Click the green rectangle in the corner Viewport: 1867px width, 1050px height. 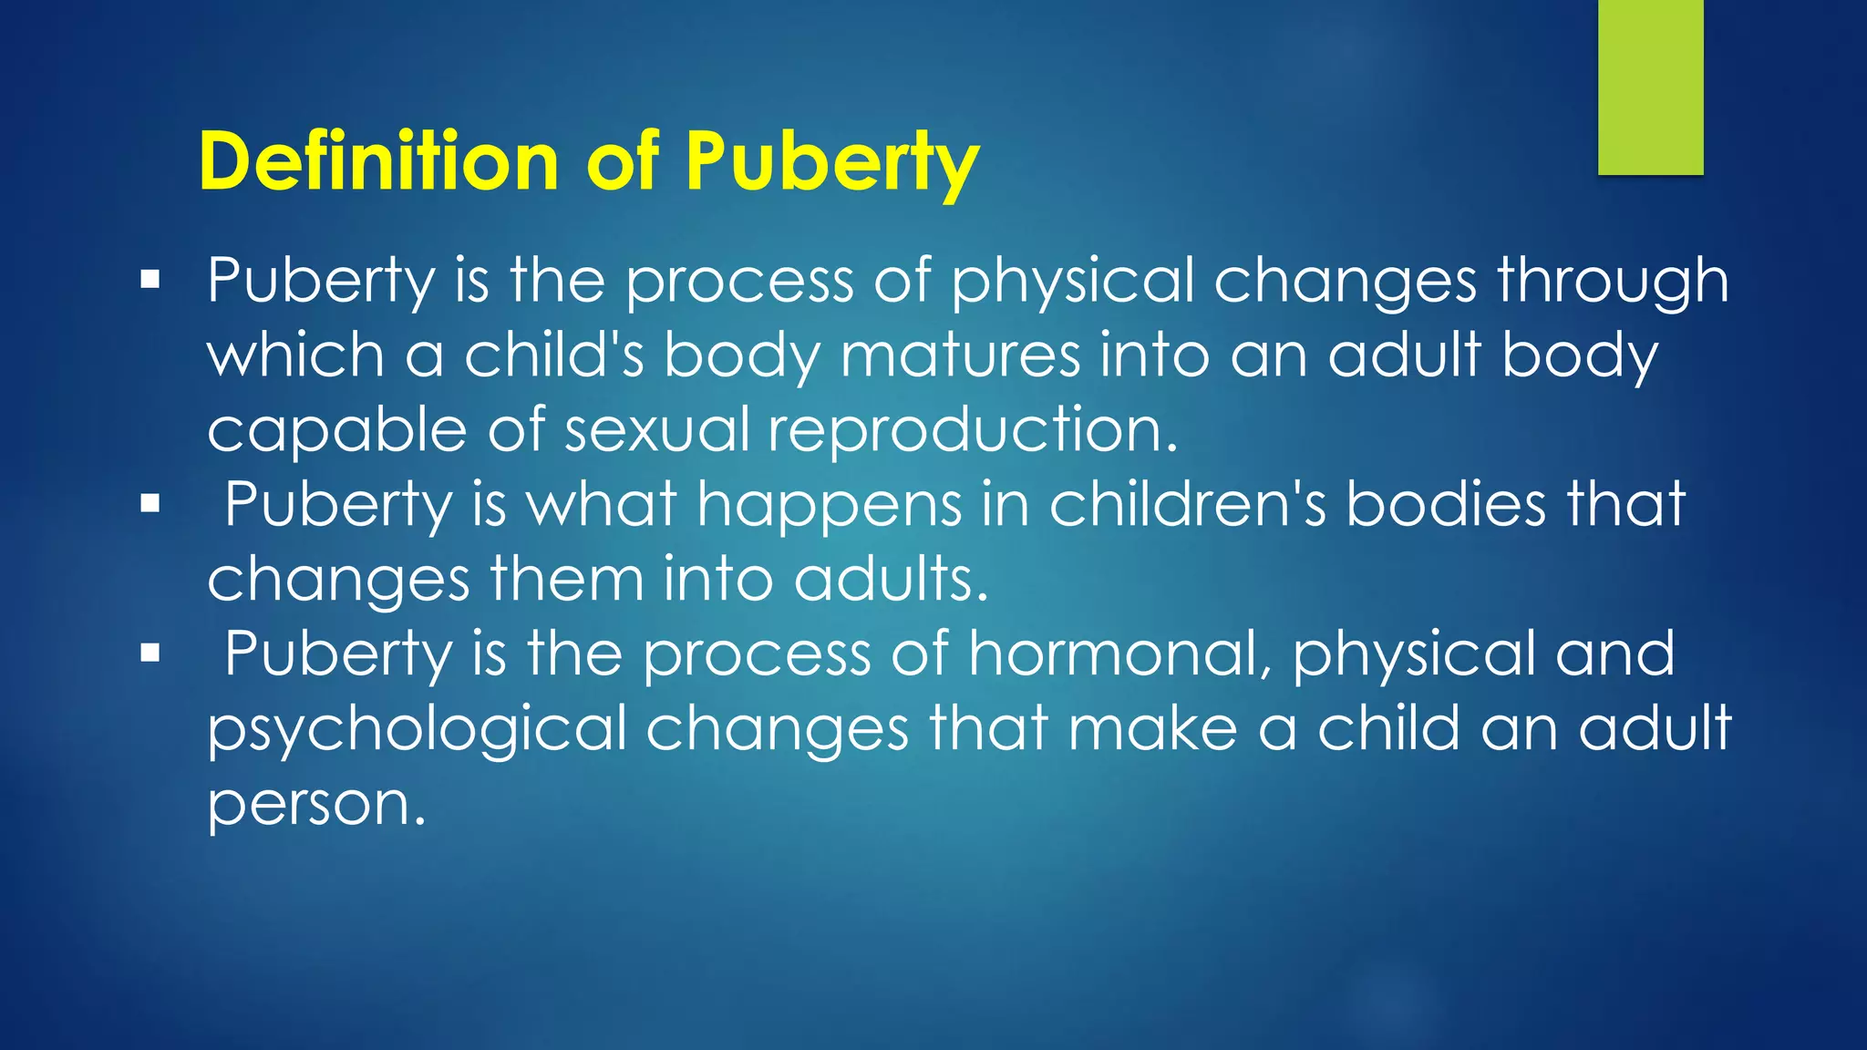coord(1650,87)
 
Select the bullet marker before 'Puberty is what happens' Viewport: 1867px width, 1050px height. coord(150,503)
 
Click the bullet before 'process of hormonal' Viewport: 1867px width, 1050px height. coord(150,653)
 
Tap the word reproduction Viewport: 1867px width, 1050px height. coord(973,429)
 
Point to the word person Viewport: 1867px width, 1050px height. coord(315,805)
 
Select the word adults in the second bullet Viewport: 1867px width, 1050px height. coord(890,579)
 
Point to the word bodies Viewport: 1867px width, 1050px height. coord(1446,504)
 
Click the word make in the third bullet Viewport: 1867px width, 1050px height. coord(1152,728)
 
